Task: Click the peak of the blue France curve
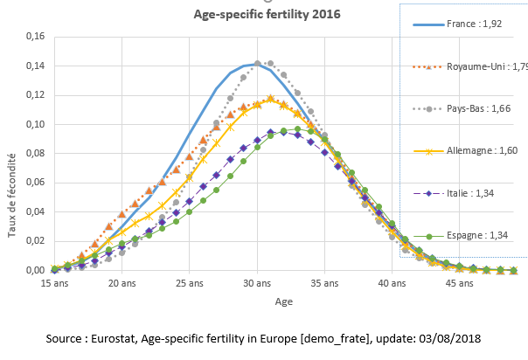[x=258, y=65]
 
